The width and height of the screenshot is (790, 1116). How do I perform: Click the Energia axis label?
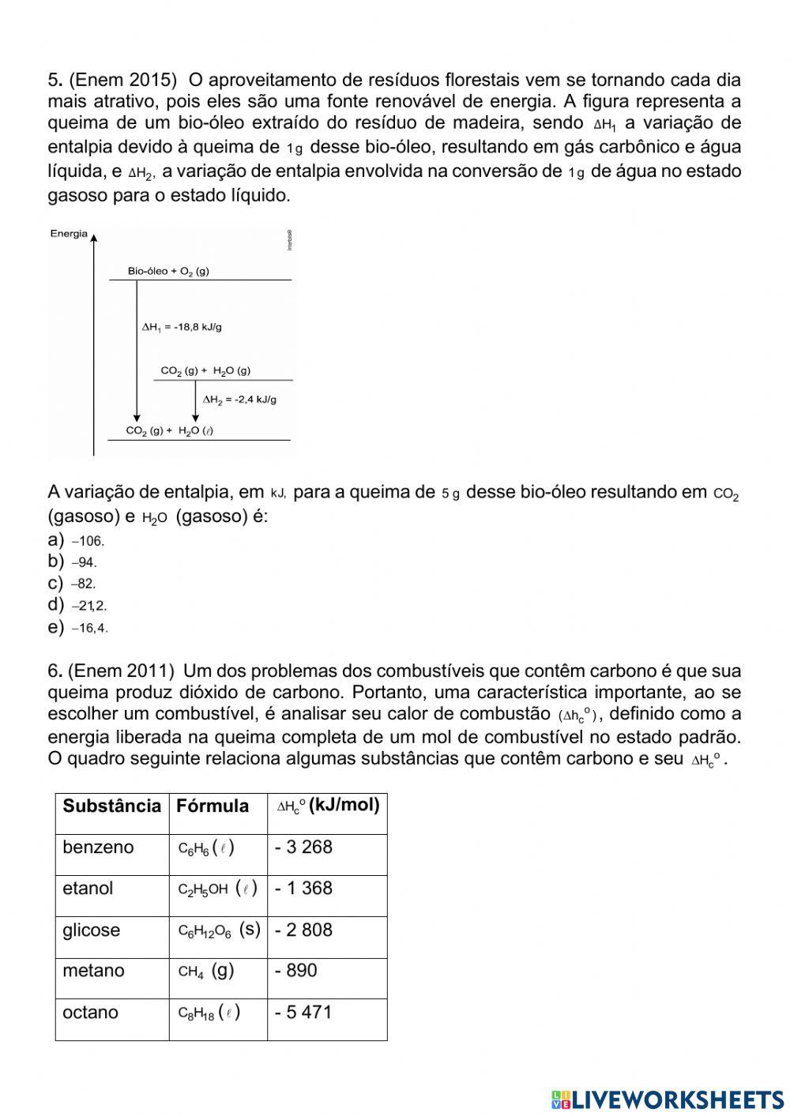click(69, 234)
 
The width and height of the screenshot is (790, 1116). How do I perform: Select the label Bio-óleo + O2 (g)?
click(168, 271)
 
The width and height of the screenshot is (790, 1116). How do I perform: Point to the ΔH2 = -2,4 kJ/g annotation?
click(239, 400)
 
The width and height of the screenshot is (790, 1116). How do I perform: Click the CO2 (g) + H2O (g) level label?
click(205, 370)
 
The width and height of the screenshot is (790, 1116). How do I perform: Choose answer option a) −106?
click(77, 541)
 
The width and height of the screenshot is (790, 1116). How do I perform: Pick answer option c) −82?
click(72, 584)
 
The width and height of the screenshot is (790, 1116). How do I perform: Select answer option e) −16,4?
click(78, 628)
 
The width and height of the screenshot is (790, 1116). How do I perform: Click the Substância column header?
click(111, 806)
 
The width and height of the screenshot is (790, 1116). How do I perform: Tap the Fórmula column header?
click(212, 806)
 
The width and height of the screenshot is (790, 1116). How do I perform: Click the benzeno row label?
click(98, 847)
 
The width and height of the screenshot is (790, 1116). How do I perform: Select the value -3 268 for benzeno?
click(303, 847)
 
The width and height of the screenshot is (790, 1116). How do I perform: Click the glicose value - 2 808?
click(303, 930)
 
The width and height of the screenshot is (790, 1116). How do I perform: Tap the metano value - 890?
click(295, 971)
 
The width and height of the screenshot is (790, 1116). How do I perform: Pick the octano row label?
click(90, 1013)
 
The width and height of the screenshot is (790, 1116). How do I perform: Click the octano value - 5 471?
click(303, 1013)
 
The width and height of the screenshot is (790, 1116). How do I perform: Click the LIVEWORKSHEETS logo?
click(668, 1099)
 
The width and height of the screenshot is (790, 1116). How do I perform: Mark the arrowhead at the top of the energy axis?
click(94, 236)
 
